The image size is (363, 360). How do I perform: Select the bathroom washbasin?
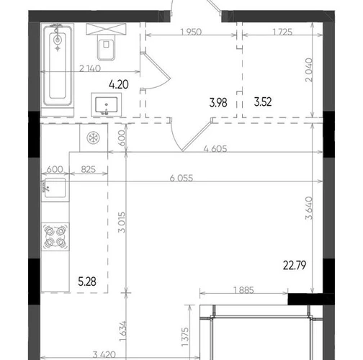coord(107,105)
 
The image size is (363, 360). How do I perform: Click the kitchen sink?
coord(55,188)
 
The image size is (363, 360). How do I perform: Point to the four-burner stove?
coord(55,237)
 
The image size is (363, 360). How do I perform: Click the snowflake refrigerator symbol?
coord(93,138)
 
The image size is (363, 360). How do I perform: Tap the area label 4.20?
coord(119,84)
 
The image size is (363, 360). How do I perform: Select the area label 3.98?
coord(218,103)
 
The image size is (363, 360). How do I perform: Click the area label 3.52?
coord(263,102)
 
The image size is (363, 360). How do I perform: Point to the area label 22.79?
coord(295,266)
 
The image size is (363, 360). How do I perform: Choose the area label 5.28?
coord(87,282)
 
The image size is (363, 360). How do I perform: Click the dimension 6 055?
coord(181,179)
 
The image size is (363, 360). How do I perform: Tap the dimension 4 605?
coord(215,149)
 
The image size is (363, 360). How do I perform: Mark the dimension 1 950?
coord(191,32)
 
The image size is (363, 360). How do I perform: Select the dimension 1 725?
coord(282,32)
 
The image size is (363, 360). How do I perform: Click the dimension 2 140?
coord(90,68)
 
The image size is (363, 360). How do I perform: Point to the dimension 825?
coord(89,169)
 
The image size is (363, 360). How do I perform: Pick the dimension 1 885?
coord(243,290)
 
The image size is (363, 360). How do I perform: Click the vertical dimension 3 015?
coord(122,222)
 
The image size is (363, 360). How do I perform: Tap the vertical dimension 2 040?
coord(309,70)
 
